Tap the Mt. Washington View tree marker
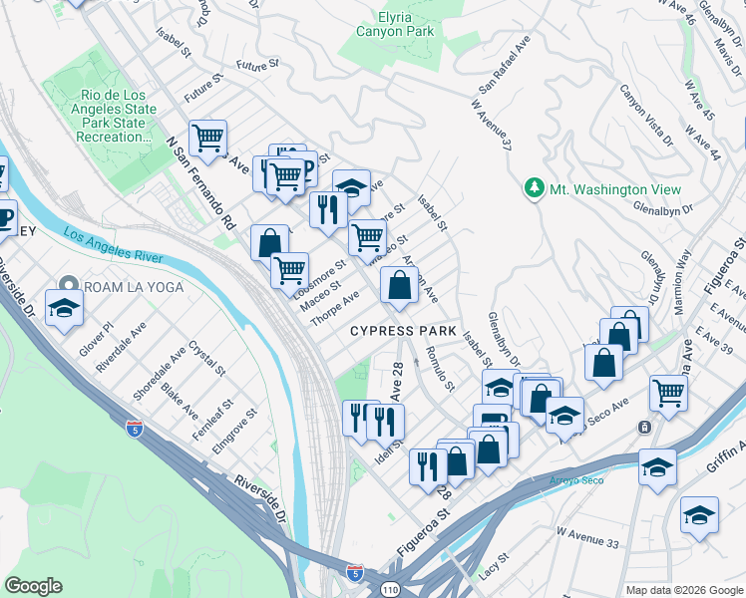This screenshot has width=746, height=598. click(x=535, y=188)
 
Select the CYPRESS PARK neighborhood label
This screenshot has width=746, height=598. click(x=403, y=331)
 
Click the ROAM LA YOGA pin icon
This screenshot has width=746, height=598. click(x=69, y=286)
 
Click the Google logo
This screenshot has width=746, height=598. click(x=33, y=586)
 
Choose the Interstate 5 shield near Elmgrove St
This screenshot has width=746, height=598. click(x=135, y=428)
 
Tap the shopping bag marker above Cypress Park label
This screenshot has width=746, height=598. click(x=399, y=285)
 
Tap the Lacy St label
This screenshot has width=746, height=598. click(x=492, y=572)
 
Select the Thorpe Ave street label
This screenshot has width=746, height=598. click(x=334, y=310)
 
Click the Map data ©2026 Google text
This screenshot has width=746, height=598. click(x=683, y=589)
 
